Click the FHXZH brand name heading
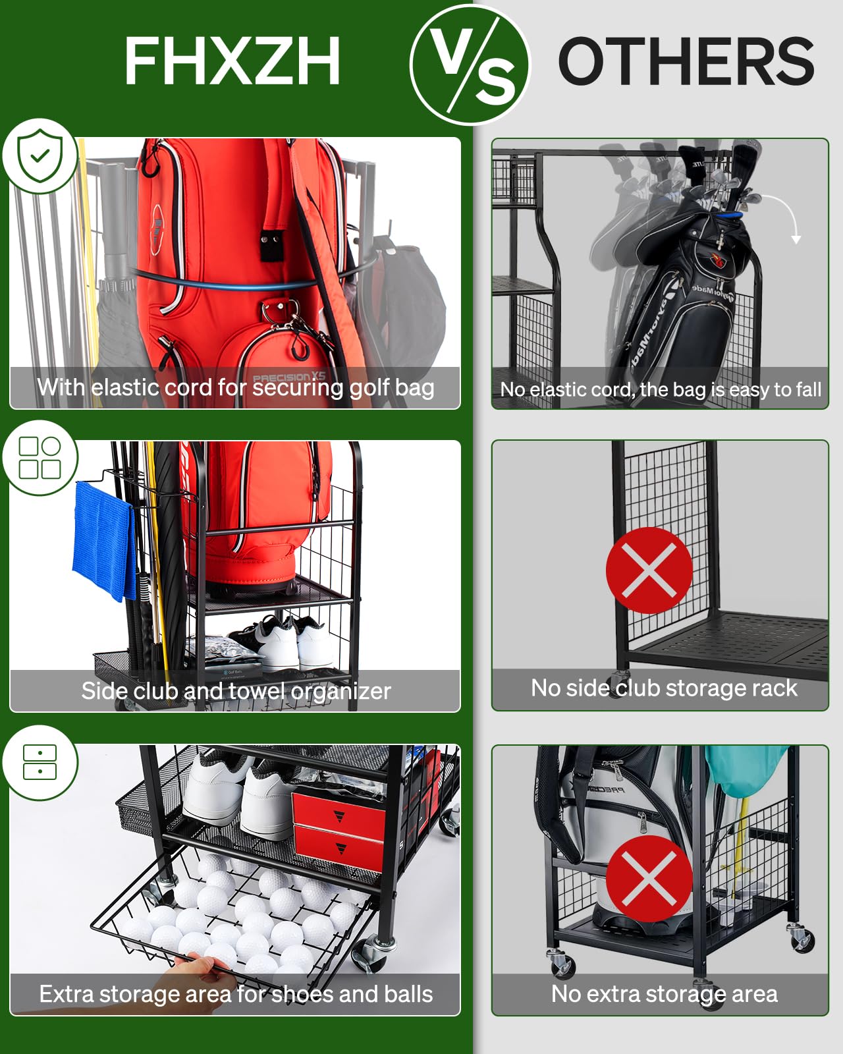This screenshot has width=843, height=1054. (x=232, y=61)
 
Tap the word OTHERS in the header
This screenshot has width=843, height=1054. (x=686, y=61)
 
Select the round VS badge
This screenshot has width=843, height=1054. (x=470, y=65)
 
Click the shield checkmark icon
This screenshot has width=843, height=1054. (x=40, y=156)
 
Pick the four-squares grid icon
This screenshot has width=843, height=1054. (x=40, y=457)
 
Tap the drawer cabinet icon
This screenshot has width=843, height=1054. (x=40, y=762)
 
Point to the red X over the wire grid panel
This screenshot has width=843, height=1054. (x=649, y=570)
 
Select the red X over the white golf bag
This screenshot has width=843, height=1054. (x=649, y=879)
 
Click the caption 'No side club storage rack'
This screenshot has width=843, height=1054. (x=664, y=688)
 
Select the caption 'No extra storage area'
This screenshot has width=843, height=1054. (x=664, y=994)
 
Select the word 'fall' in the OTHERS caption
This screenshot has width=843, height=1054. (x=808, y=389)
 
